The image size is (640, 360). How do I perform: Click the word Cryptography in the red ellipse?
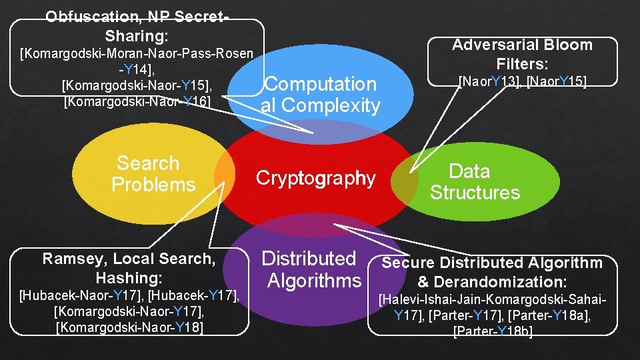pos(316,178)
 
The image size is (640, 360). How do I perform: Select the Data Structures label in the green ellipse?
pos(474,182)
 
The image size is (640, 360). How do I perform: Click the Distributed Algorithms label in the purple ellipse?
pos(311,269)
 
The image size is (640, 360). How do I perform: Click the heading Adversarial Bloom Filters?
pos(522,55)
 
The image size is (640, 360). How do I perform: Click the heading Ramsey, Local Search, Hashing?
pos(129,267)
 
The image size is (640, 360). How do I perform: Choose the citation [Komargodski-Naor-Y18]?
pos(130,327)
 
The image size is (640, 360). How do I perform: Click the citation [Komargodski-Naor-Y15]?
pos(137,85)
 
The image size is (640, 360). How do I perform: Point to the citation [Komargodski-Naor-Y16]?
pos(137,101)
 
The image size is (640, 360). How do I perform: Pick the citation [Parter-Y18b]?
pos(493,331)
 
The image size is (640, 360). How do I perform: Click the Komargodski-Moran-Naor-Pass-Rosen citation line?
pos(137,53)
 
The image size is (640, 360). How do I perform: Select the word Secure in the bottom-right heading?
pos(408,263)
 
